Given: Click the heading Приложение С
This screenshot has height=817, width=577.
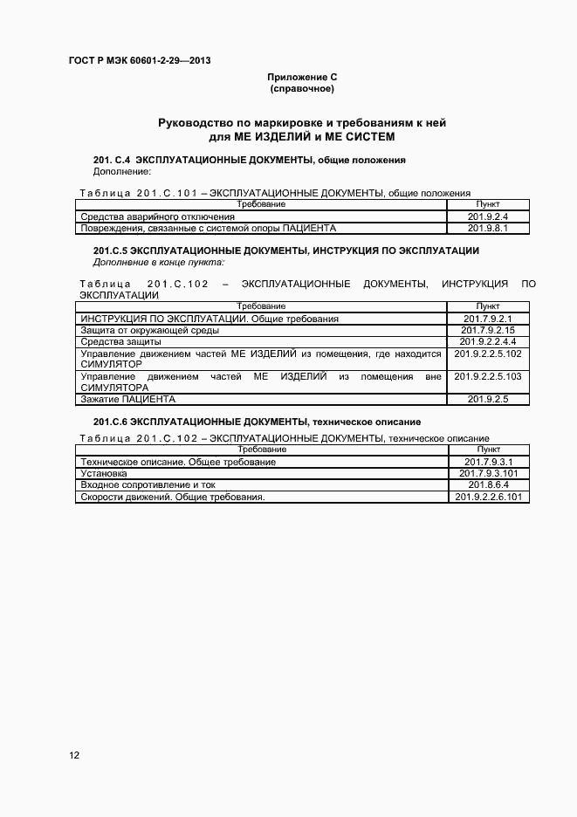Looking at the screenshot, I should click(302, 78).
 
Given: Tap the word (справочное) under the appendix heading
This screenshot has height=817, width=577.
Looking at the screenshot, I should click(302, 89).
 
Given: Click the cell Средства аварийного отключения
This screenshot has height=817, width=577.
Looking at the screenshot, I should click(158, 216).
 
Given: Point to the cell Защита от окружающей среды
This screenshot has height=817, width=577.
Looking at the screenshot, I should click(150, 331).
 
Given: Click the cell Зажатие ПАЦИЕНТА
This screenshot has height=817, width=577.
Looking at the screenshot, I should click(128, 399).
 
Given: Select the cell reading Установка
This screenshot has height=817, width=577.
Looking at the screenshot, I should click(103, 473).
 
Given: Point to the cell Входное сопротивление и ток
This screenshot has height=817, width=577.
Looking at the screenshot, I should click(148, 484).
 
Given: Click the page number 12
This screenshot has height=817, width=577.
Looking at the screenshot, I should click(74, 755).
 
